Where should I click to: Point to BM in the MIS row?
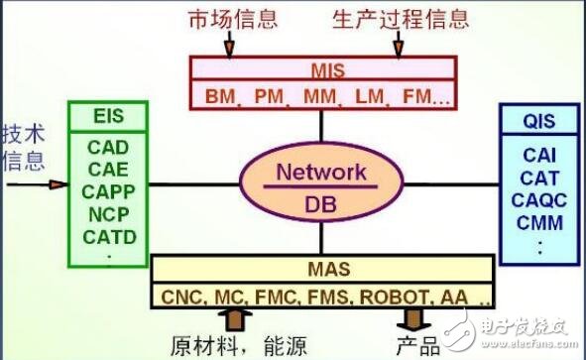[220, 97]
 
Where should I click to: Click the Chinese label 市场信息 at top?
[229, 19]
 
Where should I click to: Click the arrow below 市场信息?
[229, 46]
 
